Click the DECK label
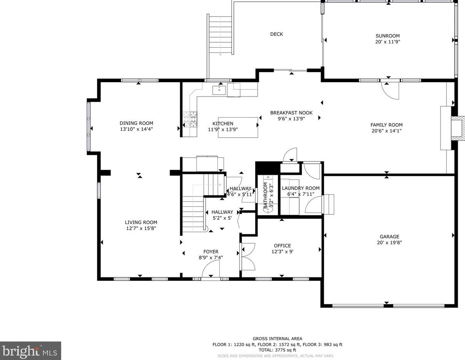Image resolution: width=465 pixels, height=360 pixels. click(276, 34)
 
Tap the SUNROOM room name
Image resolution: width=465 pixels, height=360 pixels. click(387, 36)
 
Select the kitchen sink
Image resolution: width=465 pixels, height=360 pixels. click(219, 90)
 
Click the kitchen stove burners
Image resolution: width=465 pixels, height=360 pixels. click(190, 119)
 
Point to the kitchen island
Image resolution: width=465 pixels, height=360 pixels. click(238, 127)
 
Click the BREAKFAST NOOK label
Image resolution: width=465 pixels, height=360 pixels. click(291, 113)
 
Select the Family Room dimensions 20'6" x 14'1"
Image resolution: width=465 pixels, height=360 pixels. click(386, 131)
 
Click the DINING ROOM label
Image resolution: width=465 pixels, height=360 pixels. click(136, 123)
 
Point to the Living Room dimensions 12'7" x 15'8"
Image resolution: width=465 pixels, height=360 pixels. click(141, 228)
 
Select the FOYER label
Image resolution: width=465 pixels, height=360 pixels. click(211, 252)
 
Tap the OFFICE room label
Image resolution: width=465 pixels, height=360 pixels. click(283, 246)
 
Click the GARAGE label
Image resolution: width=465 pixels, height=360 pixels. click(389, 237)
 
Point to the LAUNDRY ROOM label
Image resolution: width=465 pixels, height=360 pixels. click(301, 188)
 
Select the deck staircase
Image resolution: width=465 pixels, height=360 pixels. click(220, 35)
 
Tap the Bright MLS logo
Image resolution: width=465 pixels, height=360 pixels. click(30, 351)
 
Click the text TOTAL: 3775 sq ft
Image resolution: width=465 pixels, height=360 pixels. click(277, 350)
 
